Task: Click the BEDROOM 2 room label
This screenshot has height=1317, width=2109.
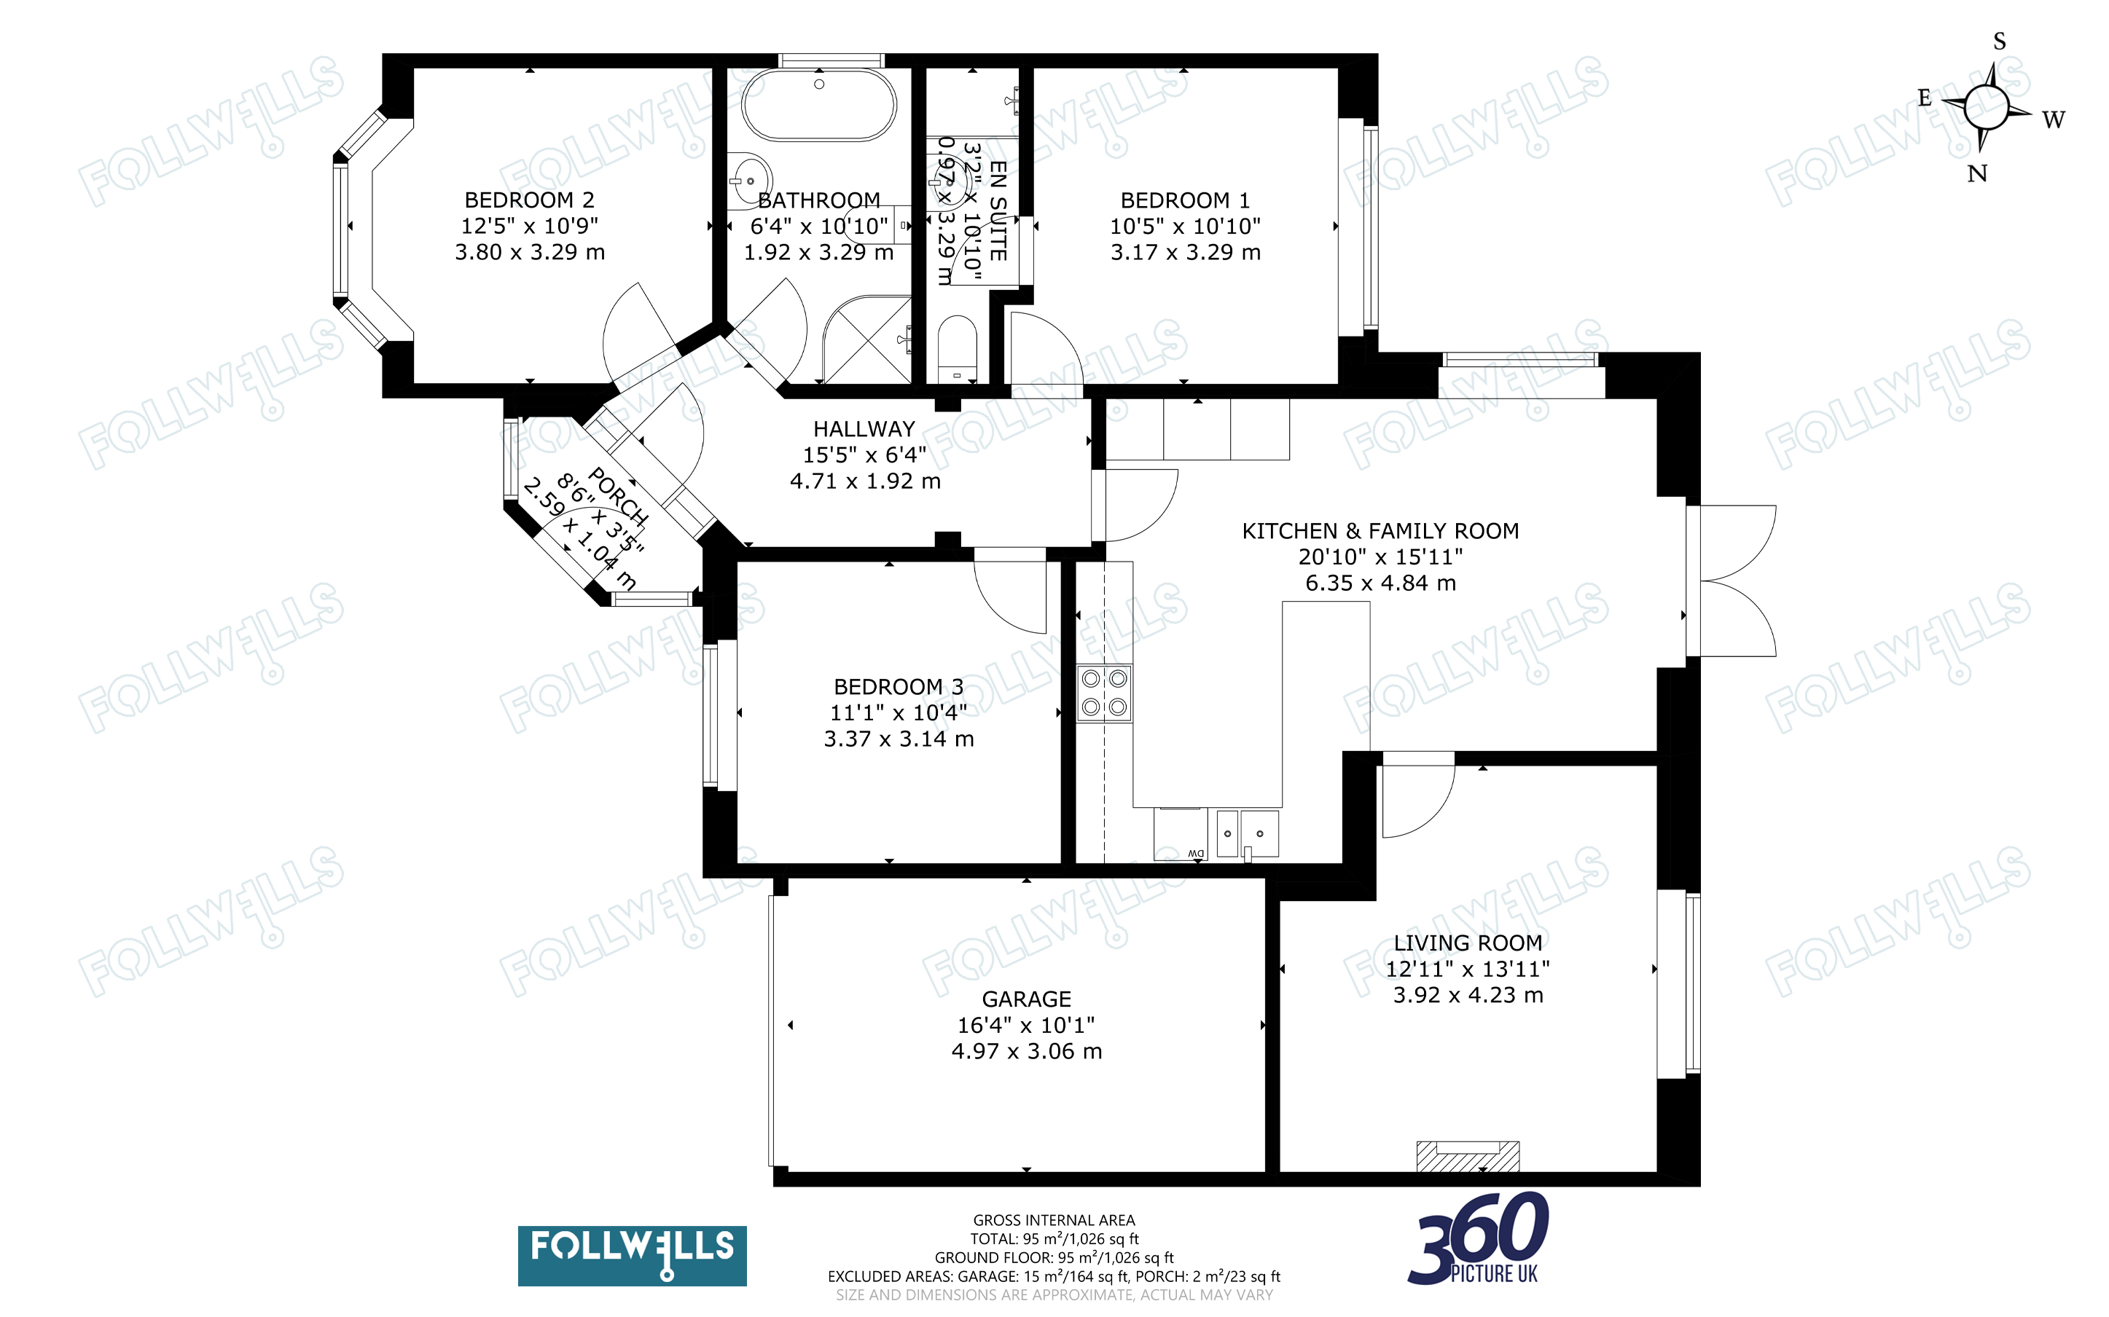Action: click(x=529, y=200)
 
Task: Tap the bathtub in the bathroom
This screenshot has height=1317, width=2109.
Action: click(x=819, y=103)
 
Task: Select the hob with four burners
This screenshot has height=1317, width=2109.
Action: click(x=1105, y=693)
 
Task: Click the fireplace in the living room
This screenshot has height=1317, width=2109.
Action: click(x=1468, y=1156)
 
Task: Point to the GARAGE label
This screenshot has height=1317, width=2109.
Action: click(x=1026, y=999)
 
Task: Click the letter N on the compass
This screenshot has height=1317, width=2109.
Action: click(x=1976, y=174)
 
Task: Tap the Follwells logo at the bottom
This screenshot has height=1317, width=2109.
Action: click(x=632, y=1255)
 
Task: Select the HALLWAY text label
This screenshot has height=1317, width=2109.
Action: click(x=864, y=430)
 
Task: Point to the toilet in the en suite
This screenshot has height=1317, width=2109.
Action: click(x=958, y=348)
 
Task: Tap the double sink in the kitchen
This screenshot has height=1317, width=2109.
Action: click(x=1248, y=833)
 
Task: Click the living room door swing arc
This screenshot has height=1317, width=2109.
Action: click(x=1428, y=810)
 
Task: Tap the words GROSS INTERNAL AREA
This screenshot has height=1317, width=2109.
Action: click(x=1054, y=1220)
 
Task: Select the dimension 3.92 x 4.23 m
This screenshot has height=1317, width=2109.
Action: click(x=1468, y=996)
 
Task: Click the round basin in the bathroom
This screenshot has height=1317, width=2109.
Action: click(x=749, y=181)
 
